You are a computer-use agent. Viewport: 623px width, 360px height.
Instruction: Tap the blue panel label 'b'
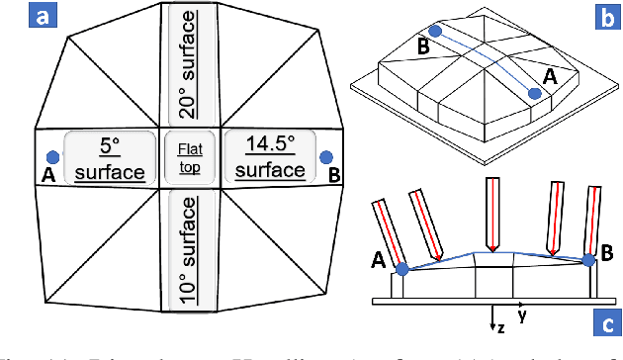605,17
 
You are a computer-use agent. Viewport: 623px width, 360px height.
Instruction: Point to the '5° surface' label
110,158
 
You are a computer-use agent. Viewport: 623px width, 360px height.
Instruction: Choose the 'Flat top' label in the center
189,157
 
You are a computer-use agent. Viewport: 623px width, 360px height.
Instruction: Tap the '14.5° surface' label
270,157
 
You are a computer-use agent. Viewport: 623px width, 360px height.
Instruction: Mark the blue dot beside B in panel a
325,157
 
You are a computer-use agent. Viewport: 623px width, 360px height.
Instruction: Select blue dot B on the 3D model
435,32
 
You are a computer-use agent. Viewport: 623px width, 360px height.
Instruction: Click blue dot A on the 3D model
534,93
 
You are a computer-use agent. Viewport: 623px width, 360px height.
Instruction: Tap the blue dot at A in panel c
402,269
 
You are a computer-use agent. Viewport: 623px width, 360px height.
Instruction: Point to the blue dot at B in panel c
589,260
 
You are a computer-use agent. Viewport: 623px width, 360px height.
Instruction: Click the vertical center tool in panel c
490,215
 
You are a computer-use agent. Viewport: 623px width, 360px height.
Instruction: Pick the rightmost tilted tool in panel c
595,224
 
